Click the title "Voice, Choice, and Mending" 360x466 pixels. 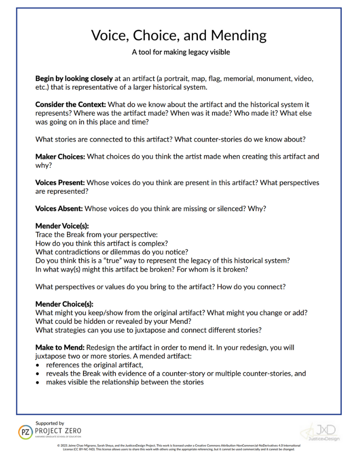pyautogui.click(x=180, y=35)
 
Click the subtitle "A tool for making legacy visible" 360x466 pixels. pyautogui.click(x=180, y=52)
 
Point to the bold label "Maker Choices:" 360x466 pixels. pyautogui.click(x=60, y=157)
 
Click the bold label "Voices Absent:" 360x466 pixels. pyautogui.click(x=60, y=209)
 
